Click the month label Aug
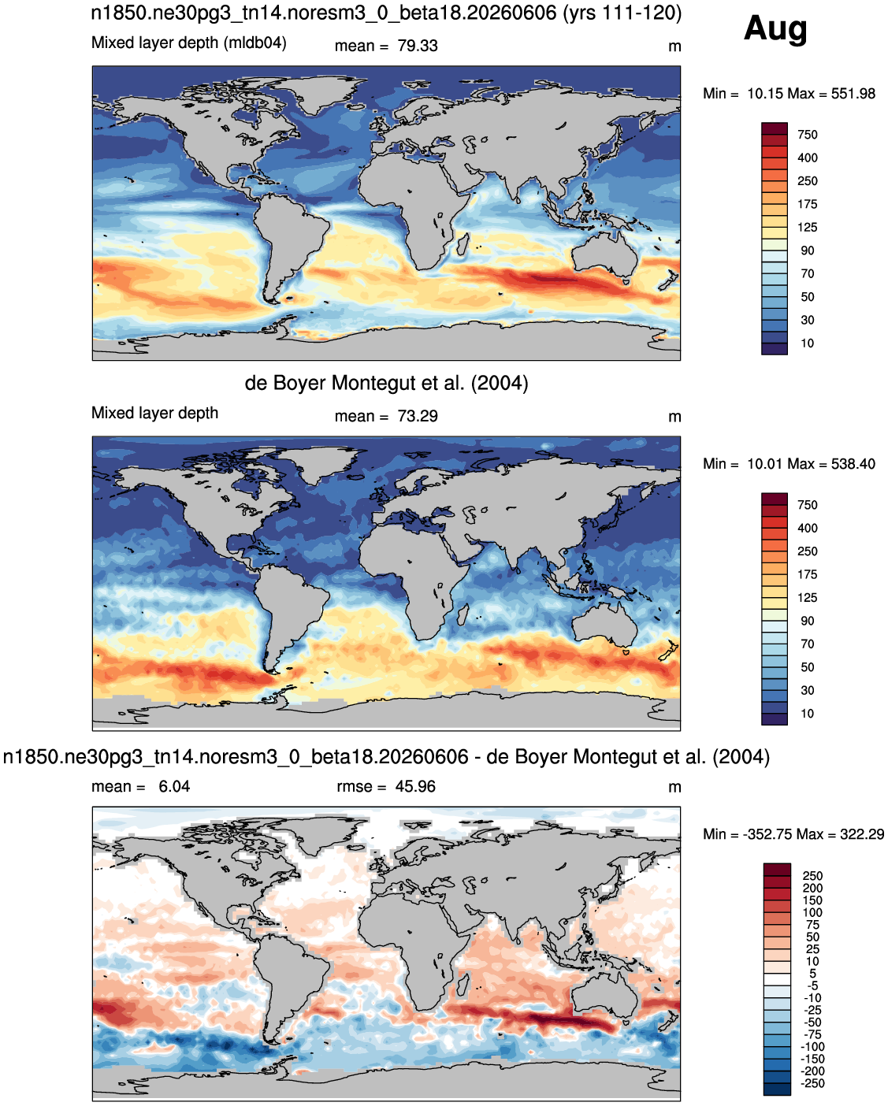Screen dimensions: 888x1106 (775, 30)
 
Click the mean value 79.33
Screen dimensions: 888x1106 (417, 46)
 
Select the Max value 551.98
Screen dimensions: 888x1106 (853, 94)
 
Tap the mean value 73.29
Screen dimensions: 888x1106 (417, 416)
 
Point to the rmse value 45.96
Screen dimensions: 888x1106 (415, 786)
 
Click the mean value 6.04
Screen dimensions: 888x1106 (174, 786)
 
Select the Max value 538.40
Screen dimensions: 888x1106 (853, 463)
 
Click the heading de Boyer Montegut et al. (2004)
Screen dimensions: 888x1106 (386, 384)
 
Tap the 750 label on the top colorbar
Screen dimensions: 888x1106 (808, 135)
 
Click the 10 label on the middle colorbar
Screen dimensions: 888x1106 (808, 714)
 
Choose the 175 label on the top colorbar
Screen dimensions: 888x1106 (808, 204)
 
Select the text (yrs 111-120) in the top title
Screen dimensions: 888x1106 (622, 13)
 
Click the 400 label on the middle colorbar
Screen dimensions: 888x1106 (808, 528)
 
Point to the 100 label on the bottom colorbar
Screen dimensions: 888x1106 (812, 913)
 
